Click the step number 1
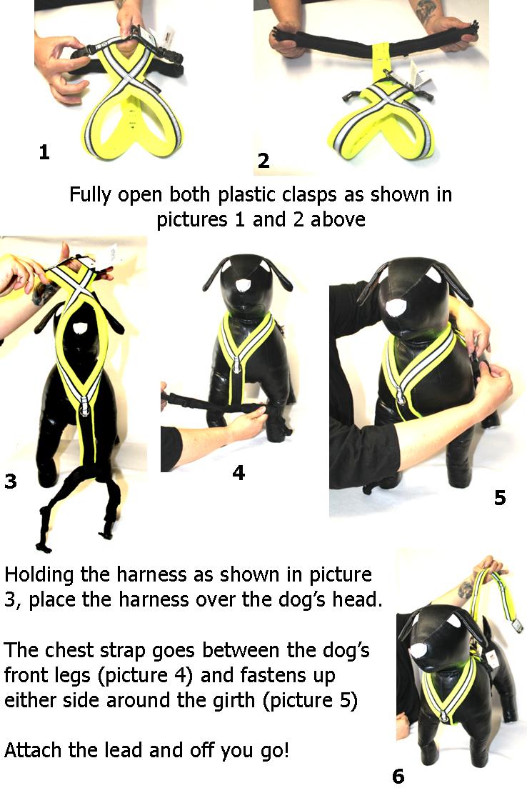pos(44,152)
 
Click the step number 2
pos(263,161)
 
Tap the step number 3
pos(10,482)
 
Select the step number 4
pos(239,473)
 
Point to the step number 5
pos(500,497)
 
